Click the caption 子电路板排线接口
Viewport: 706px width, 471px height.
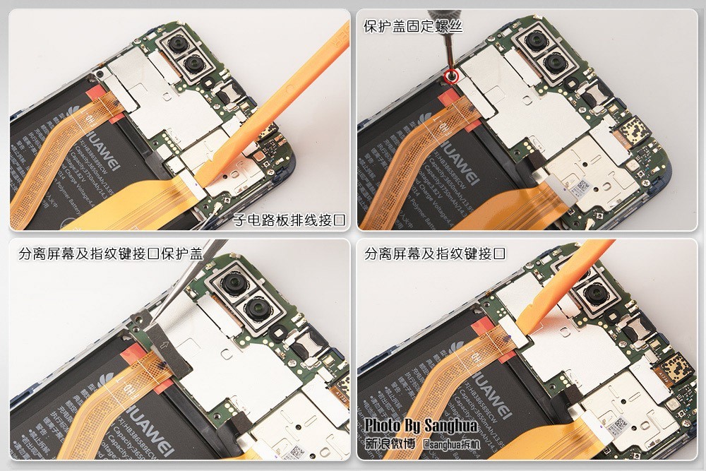pyautogui.click(x=289, y=220)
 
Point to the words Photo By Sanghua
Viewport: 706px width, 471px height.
pyautogui.click(x=421, y=426)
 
